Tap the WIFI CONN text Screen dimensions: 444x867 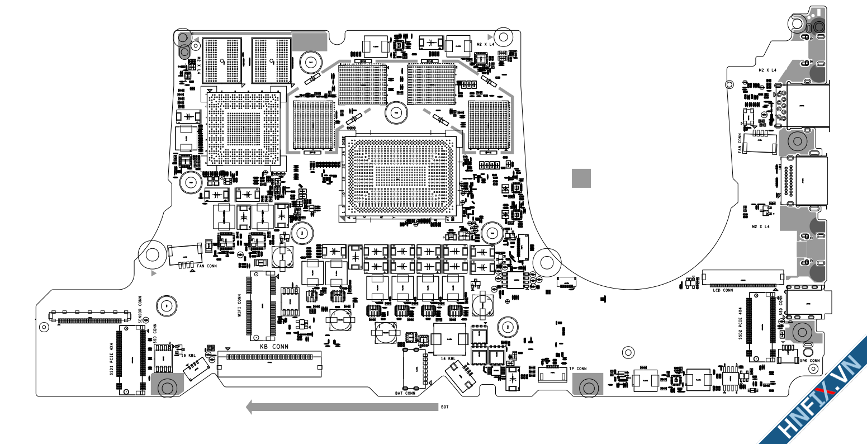tap(240, 306)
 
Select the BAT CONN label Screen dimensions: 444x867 tap(405, 393)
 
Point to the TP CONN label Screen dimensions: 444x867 tap(578, 369)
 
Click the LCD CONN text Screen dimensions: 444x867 tap(722, 290)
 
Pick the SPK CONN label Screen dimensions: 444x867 tap(809, 361)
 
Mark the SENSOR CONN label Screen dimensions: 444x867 tap(140, 309)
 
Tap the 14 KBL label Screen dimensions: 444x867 tap(447, 358)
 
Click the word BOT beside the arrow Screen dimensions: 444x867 tap(444, 408)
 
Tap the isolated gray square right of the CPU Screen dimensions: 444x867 tap(581, 178)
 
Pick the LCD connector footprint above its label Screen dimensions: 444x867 tap(742, 276)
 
